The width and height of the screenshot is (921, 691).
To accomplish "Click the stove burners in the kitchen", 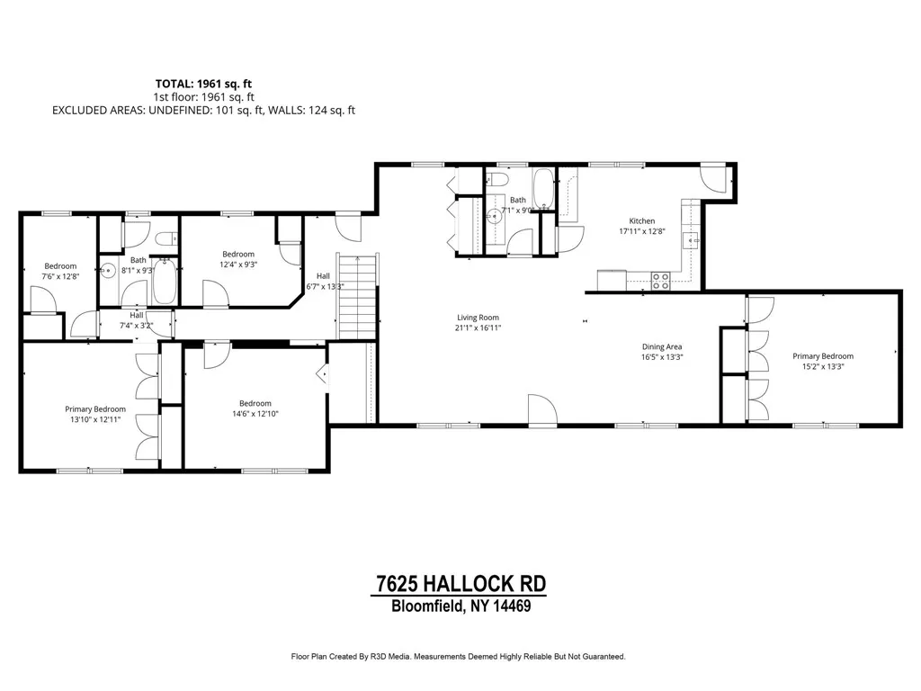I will (660, 281).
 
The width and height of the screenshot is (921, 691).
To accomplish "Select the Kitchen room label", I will (641, 221).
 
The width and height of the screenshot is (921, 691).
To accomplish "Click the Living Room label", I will (478, 318).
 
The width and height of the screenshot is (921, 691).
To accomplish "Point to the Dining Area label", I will (661, 347).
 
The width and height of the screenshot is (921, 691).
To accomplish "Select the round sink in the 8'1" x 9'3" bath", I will (109, 269).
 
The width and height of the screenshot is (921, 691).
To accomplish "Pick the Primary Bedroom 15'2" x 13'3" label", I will (823, 356).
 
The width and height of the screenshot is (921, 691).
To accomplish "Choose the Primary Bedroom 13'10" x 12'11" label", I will (94, 408).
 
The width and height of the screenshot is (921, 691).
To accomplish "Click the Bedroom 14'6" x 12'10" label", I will (255, 404).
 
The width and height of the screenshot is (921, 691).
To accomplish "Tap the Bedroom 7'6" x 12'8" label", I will (60, 266).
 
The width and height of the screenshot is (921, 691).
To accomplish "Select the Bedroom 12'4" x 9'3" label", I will (238, 255).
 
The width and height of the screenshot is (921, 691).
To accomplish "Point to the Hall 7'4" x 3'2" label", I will (137, 316).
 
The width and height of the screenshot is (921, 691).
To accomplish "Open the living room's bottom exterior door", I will (542, 409).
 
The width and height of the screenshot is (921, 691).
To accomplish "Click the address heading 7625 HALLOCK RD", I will (459, 584).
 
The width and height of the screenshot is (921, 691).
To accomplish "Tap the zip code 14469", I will (511, 606).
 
